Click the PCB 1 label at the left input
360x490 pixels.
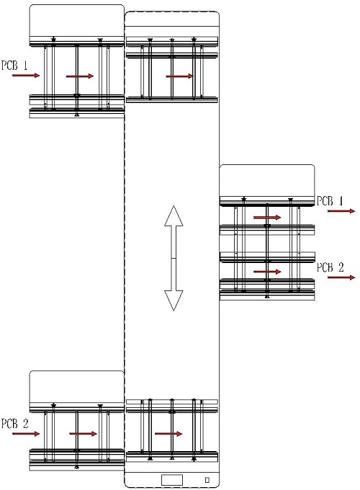14,66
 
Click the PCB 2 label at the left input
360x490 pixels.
14,424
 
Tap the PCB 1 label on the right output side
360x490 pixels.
330,201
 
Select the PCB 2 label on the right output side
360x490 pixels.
330,267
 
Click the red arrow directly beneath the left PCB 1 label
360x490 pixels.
26,76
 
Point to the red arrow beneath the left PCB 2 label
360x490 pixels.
26,434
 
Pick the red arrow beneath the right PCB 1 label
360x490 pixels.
341,211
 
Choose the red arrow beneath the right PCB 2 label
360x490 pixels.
341,277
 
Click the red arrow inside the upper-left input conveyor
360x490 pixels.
80,76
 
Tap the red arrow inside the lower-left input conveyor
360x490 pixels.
83,434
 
